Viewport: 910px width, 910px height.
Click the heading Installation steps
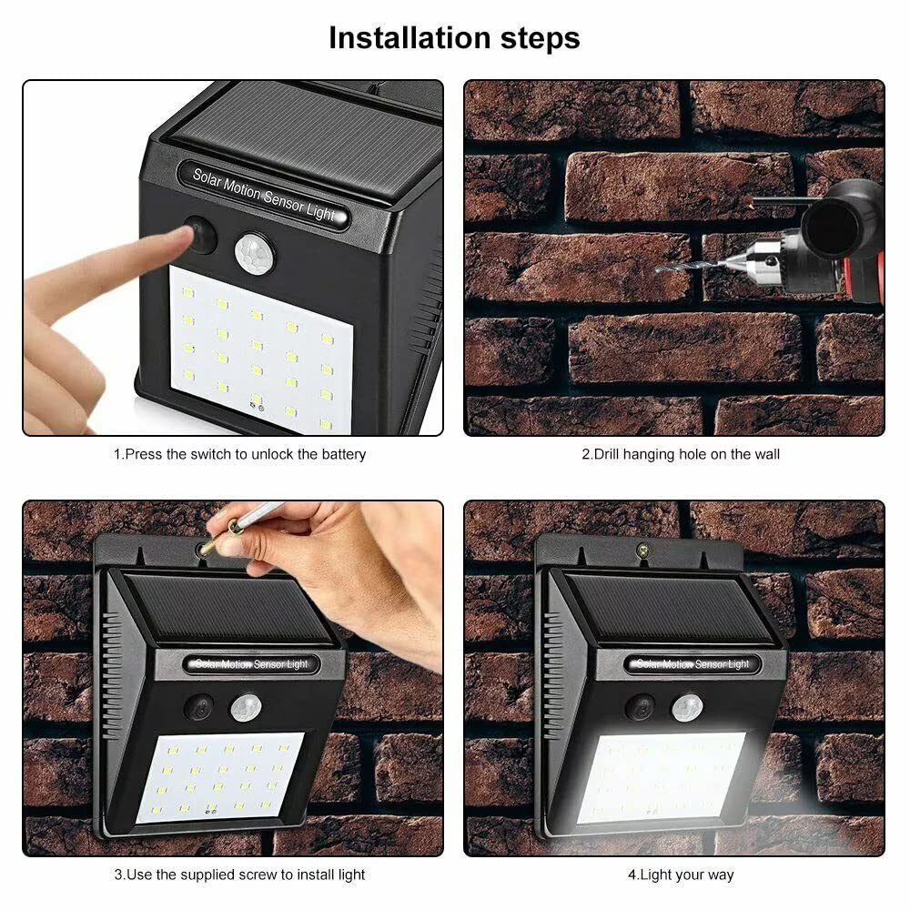(454, 38)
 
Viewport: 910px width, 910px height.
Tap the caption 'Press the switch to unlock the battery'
(239, 453)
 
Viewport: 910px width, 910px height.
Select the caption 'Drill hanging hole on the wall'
(680, 453)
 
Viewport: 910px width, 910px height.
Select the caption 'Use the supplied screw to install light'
(239, 875)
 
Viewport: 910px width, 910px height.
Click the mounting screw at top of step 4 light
(643, 549)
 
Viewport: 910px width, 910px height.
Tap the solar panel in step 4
(669, 608)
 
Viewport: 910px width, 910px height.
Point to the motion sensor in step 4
(687, 706)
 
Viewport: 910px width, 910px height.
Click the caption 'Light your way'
(680, 875)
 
